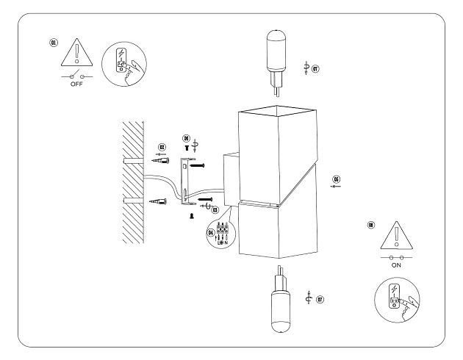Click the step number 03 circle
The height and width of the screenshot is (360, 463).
[x=215, y=212]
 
